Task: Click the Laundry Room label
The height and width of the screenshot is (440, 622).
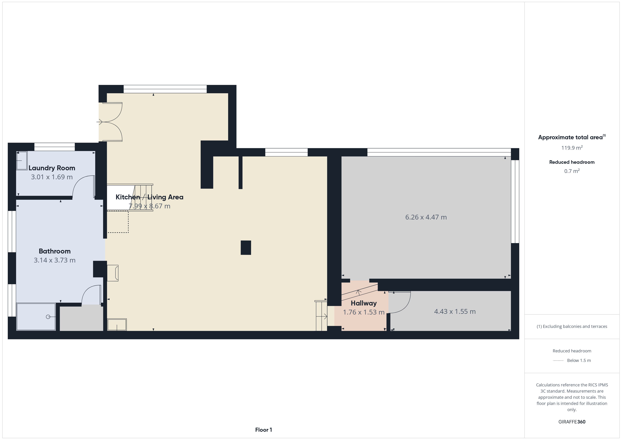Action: point(52,168)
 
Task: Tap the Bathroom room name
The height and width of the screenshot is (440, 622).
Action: point(54,251)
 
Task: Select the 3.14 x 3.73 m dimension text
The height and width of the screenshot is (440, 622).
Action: point(54,260)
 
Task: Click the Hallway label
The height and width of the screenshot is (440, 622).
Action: point(364,303)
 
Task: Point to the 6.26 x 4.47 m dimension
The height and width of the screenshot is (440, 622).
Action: point(426,217)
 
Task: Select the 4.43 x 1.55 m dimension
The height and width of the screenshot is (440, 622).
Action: point(455,311)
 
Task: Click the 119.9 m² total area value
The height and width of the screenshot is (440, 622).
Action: point(572,148)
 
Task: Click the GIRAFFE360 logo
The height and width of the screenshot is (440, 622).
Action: point(572,421)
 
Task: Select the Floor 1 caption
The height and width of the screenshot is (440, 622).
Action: point(263,430)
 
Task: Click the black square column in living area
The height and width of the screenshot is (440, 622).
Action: point(246,248)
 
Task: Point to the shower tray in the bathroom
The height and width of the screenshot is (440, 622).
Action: point(36,317)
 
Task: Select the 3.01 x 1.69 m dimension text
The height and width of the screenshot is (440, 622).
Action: point(52,177)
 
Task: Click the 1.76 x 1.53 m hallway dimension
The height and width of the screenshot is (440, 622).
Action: point(364,312)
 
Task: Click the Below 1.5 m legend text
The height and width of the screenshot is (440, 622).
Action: point(579,360)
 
